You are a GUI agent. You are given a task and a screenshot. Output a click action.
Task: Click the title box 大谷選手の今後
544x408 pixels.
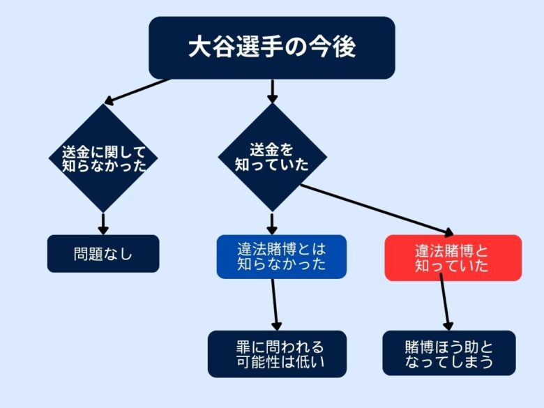point(272,47)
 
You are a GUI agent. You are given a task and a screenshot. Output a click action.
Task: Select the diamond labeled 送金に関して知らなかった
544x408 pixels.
point(103,158)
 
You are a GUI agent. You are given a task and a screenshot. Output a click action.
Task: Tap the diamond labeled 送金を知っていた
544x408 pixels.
point(272,157)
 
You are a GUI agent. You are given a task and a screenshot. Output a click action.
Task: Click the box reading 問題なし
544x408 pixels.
point(103,254)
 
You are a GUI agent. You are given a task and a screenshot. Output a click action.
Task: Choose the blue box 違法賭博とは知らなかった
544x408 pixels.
point(281,257)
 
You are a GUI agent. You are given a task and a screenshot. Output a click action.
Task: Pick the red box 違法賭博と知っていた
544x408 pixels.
point(453,258)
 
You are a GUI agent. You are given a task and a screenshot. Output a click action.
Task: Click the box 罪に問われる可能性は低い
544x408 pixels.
point(277,354)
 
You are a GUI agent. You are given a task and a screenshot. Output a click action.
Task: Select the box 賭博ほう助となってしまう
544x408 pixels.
point(449,353)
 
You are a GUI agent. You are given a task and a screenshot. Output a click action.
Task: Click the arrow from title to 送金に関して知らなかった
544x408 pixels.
point(137,91)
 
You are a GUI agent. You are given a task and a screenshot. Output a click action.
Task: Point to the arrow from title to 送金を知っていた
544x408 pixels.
point(272,91)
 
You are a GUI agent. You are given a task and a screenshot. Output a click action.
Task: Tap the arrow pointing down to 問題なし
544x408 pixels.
point(103,224)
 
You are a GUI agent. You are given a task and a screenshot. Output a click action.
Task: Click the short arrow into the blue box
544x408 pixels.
point(272,224)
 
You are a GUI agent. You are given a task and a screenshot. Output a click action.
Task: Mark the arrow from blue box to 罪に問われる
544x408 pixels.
point(275,305)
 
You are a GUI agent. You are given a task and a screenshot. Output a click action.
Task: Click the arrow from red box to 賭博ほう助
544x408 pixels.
point(444,302)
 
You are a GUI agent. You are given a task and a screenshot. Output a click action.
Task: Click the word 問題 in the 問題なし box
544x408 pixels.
point(89,254)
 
